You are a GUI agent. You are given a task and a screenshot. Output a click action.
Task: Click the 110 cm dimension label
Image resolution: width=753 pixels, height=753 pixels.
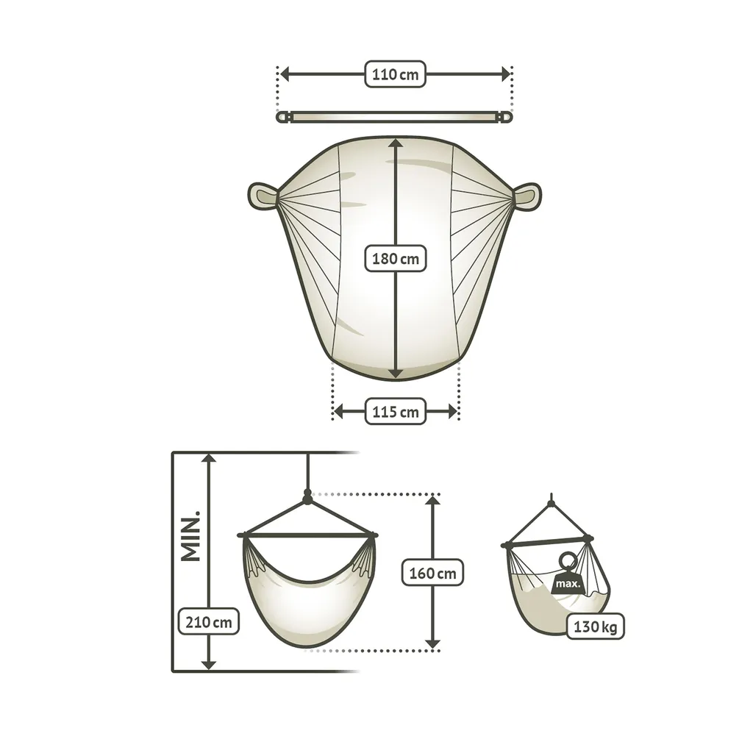395,74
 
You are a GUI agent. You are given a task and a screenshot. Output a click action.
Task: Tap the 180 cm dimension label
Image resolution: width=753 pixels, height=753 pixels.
395,258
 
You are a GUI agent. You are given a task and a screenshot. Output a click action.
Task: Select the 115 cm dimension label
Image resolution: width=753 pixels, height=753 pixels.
395,412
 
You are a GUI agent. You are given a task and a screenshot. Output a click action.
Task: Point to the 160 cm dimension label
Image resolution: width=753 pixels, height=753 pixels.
432,572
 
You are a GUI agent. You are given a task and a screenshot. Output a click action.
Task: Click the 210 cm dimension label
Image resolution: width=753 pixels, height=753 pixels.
208,621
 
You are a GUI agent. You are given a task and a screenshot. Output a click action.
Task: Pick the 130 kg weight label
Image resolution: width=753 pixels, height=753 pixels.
595,627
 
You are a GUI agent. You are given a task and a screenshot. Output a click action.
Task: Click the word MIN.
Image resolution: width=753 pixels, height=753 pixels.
190,536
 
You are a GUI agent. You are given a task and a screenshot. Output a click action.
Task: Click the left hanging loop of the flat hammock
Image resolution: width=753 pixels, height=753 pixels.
263,196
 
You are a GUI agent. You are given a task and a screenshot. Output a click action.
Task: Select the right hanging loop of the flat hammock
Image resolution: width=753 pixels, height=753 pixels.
527,196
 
